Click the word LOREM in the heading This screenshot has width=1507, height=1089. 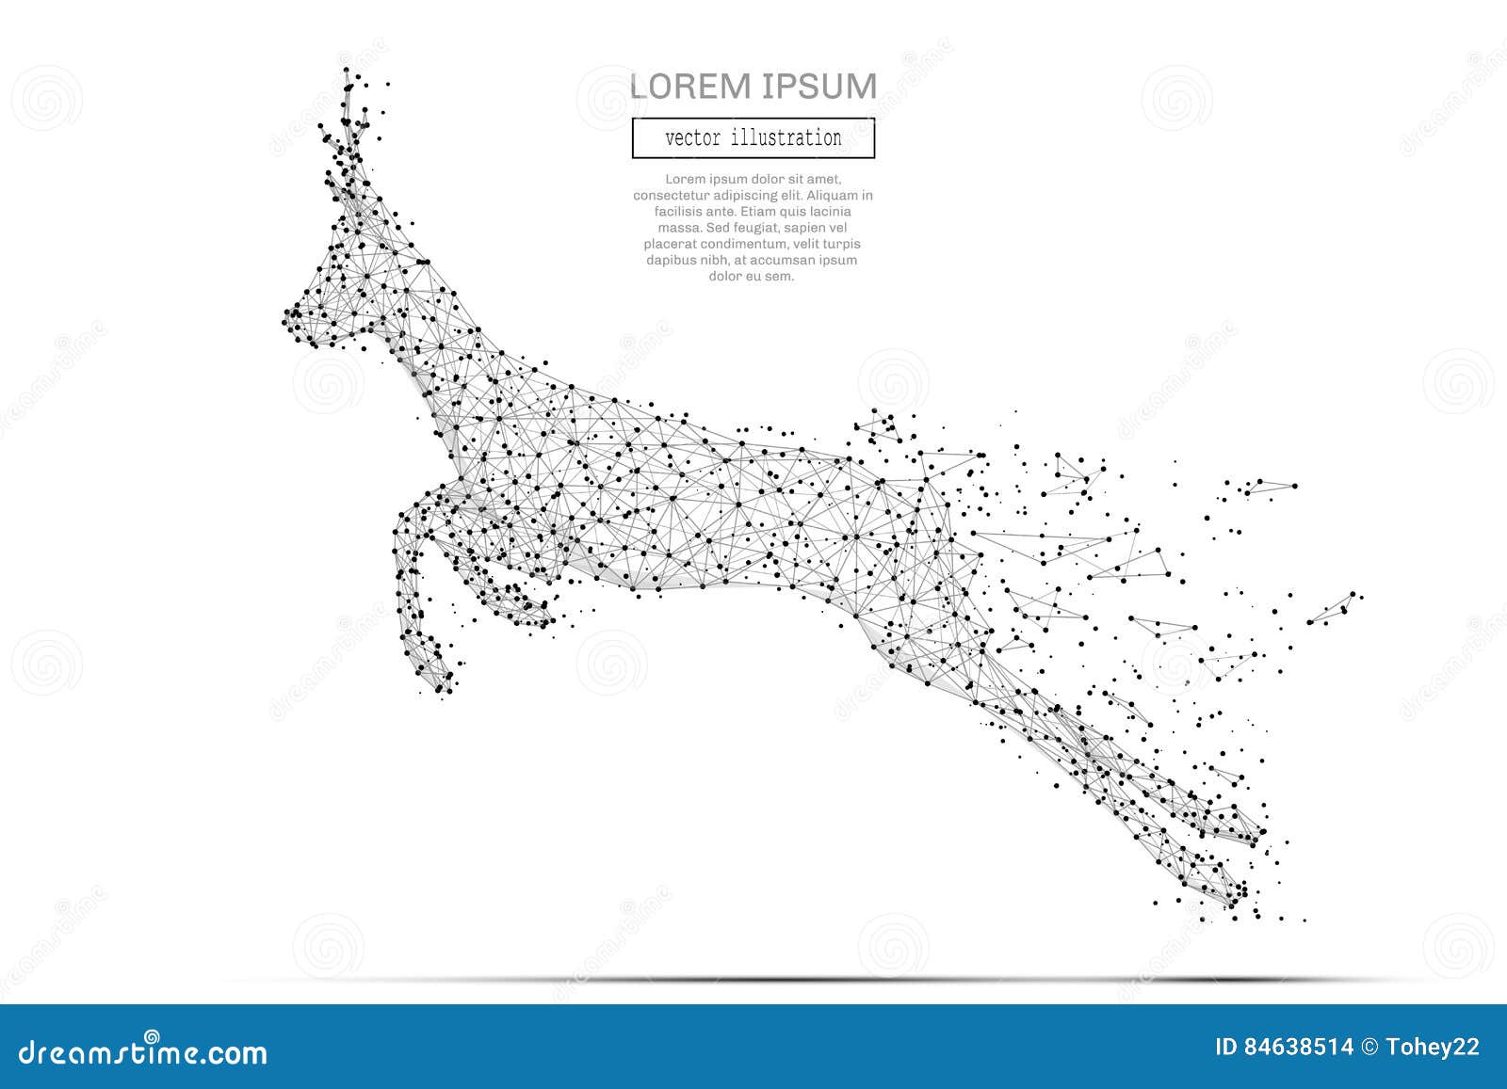691,87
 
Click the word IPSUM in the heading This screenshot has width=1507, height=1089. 818,87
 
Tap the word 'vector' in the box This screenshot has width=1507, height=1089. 691,138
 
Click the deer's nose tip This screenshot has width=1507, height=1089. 286,321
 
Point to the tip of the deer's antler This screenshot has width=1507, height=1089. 347,72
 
